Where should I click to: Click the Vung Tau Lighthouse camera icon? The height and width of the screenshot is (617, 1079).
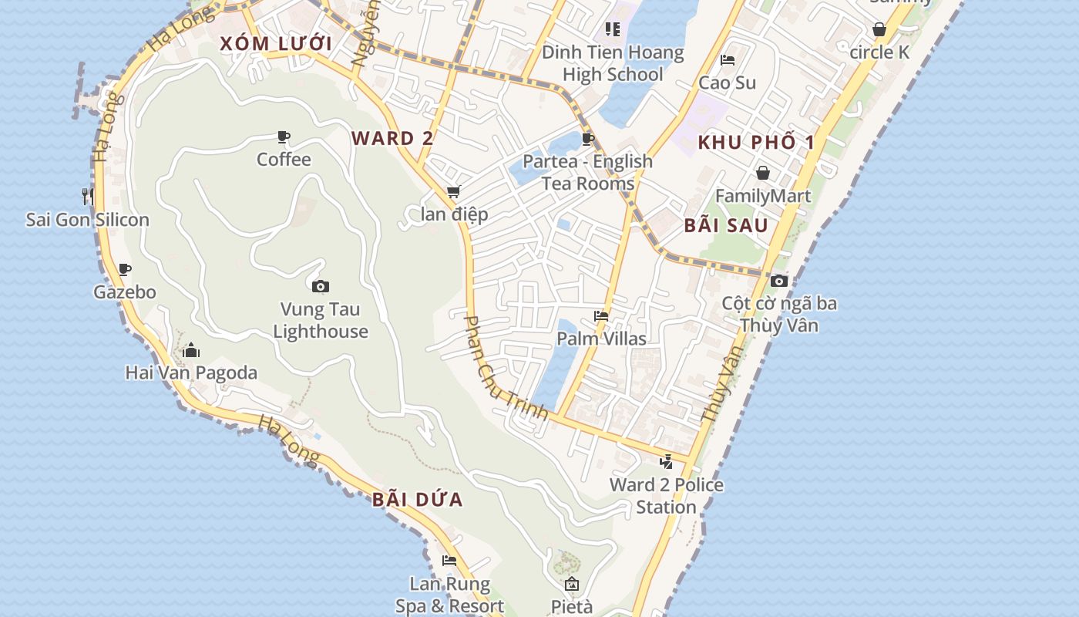321,286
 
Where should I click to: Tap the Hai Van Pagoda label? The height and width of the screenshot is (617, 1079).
191,373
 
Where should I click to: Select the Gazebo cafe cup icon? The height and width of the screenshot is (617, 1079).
125,269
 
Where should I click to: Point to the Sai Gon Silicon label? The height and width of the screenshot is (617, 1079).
88,220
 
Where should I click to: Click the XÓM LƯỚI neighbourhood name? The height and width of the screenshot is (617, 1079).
276,44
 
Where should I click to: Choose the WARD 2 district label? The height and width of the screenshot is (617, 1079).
392,139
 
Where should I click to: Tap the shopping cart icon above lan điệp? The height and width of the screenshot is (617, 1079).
453,191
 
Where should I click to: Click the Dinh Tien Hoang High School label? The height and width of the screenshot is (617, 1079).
613,63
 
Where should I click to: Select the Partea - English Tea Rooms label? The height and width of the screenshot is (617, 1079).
587,172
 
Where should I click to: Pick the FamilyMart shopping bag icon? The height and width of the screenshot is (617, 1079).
762,173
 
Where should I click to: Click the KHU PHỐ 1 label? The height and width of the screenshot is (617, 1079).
756,143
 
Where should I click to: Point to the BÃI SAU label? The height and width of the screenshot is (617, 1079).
726,225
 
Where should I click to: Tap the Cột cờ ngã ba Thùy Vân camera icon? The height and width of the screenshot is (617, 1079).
779,281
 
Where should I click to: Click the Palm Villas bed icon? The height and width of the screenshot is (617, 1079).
601,315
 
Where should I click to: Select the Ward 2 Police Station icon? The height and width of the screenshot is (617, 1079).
667,462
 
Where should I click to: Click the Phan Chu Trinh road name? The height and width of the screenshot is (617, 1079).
505,368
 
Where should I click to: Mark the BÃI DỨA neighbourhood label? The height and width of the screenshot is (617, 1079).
418,500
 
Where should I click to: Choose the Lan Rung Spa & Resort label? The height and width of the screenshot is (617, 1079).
450,595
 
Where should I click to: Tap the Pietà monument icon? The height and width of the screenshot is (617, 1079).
571,584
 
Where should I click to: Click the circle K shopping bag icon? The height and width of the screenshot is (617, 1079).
879,30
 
